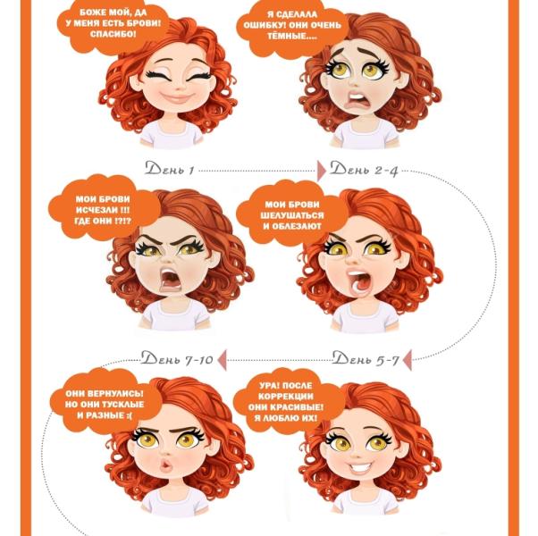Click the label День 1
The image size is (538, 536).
tap(170, 168)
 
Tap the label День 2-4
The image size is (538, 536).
tap(364, 169)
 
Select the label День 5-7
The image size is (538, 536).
tap(366, 358)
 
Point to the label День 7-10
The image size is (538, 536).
tap(177, 358)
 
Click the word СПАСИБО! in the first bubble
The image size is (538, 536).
tap(113, 34)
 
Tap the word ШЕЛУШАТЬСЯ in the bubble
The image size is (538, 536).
tap(292, 215)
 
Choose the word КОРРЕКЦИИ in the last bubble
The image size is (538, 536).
tap(286, 397)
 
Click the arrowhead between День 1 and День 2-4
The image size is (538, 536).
tap(322, 171)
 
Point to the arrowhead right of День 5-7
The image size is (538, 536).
tap(408, 360)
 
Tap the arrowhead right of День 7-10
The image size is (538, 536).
tap(223, 360)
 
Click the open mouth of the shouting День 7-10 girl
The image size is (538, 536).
tap(170, 279)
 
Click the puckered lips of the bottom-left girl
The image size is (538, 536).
tap(166, 465)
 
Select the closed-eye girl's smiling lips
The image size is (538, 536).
tap(177, 98)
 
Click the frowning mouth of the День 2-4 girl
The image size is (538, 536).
tap(356, 98)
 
